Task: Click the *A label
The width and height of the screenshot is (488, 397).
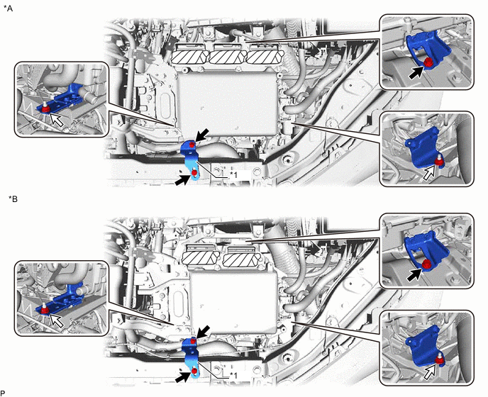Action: coord(9,9)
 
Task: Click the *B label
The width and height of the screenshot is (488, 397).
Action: coord(13,198)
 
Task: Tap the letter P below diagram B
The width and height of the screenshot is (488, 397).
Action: coord(3,393)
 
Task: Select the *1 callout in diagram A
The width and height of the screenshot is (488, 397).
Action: coord(233,175)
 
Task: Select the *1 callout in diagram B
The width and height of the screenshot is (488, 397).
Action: coord(233,376)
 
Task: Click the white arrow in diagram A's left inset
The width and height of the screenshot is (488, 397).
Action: coord(57,120)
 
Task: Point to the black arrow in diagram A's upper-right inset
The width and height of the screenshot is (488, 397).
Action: coord(416,74)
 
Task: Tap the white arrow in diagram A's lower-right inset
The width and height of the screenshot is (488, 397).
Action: coord(431,172)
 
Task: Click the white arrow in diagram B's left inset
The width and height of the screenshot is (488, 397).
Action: coord(57,320)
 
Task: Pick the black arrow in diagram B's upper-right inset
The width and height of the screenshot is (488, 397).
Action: coord(416,274)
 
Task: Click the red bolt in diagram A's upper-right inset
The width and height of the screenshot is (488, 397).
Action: coord(428,63)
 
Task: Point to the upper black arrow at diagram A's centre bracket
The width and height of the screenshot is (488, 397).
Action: coord(202,135)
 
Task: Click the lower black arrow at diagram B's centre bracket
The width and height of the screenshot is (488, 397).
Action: coord(183,377)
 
